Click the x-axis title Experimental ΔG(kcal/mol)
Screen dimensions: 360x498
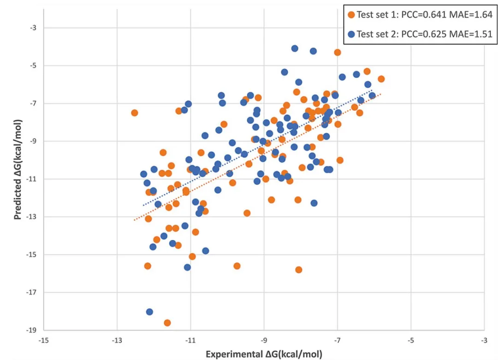point(264,354)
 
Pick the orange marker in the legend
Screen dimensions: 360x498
point(352,14)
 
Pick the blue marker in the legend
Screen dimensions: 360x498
point(352,34)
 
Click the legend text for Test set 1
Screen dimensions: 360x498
point(379,14)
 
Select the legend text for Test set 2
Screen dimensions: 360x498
point(379,34)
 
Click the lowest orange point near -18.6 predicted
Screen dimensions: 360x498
point(167,323)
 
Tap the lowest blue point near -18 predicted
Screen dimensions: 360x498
point(149,312)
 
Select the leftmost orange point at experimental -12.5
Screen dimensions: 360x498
point(135,113)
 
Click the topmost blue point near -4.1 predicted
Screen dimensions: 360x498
point(295,48)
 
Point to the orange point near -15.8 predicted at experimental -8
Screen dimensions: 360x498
point(299,270)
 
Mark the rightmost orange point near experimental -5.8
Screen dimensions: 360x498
point(381,79)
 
